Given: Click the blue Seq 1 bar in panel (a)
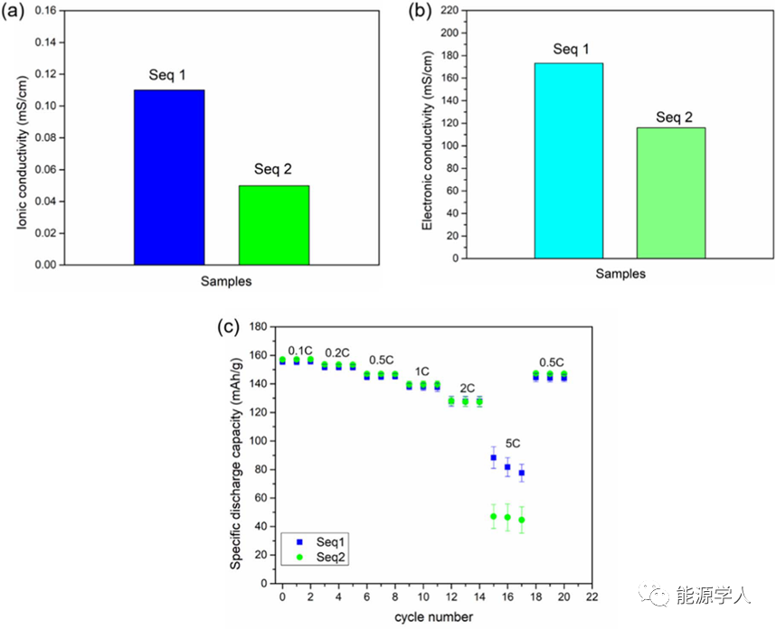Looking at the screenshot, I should pos(169,177).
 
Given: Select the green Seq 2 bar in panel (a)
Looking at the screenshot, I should pos(274,225).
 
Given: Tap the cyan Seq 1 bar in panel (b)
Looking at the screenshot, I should pos(568,160).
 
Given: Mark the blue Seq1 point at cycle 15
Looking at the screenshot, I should pos(493,458).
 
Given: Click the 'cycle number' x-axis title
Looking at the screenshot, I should pos(432,616).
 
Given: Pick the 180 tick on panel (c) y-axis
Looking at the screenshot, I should pos(260,326).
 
